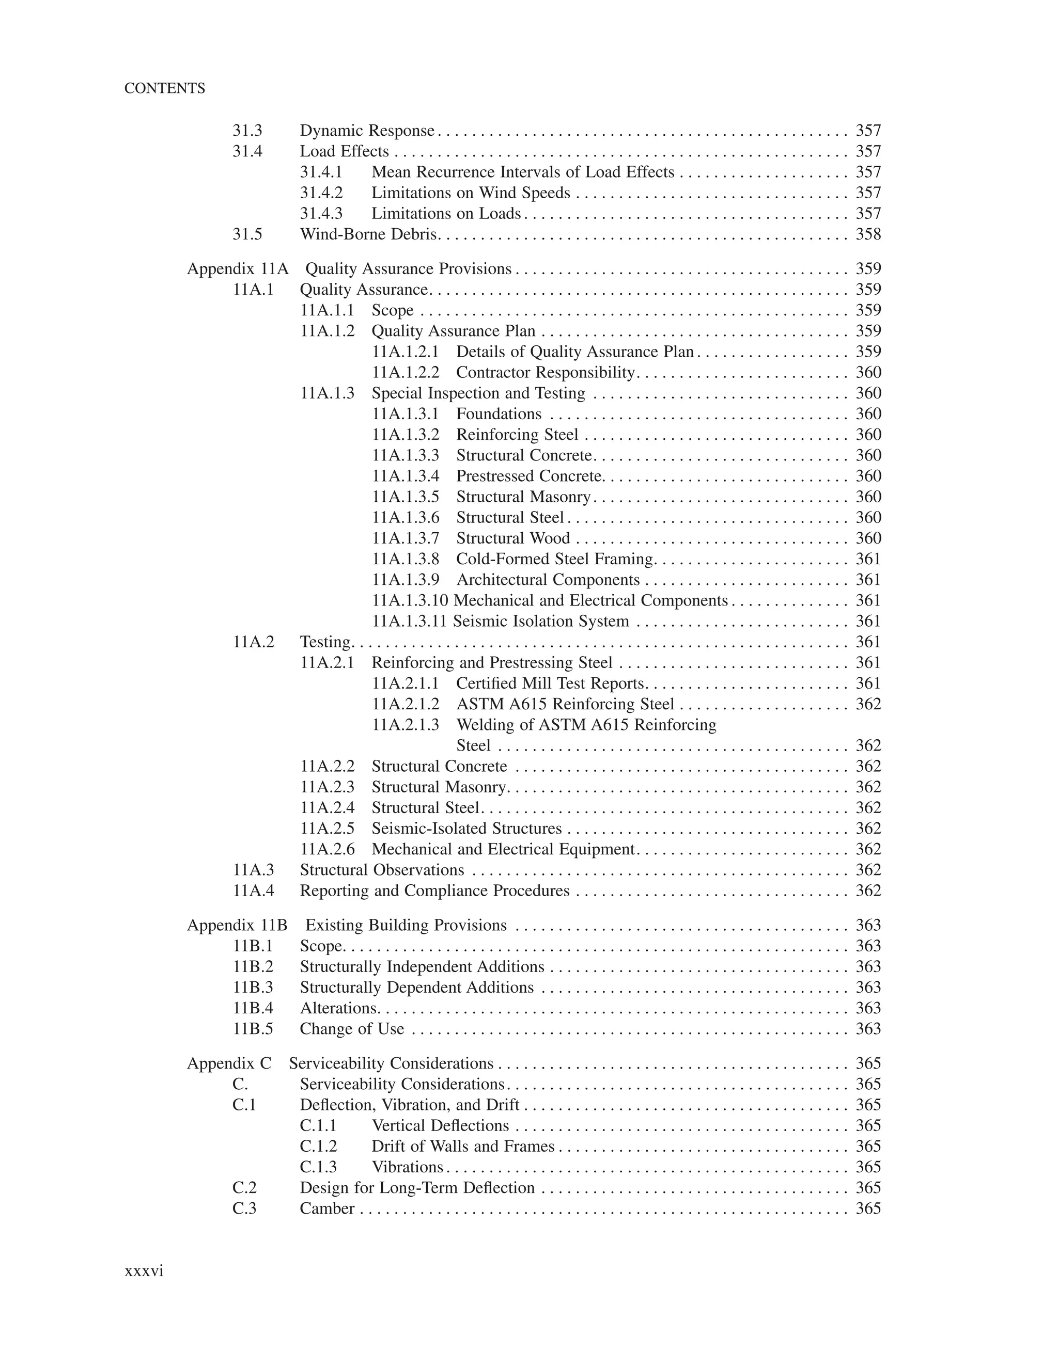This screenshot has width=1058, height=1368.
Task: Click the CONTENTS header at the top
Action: pos(164,88)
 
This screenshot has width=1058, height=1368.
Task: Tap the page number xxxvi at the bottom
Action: pos(144,1271)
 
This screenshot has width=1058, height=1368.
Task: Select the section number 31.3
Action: pos(247,131)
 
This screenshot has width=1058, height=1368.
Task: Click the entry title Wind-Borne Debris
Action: pos(368,234)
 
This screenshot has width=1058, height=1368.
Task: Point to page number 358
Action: pos(868,234)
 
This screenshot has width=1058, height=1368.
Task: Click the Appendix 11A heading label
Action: pos(238,269)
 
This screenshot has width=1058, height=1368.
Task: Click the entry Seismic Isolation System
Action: pos(540,622)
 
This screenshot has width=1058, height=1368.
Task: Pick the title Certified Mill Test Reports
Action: pos(550,683)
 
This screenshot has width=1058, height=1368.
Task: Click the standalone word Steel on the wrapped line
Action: pos(473,746)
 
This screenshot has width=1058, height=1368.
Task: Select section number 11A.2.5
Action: pos(327,829)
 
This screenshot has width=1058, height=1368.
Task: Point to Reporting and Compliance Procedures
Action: pos(434,890)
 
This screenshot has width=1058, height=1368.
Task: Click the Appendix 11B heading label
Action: pos(237,925)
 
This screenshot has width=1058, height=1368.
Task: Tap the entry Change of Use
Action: pos(352,1029)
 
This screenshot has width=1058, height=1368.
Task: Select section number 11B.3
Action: pos(253,988)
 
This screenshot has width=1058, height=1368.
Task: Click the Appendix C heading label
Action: pos(229,1063)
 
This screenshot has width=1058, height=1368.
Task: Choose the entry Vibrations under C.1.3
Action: pos(408,1167)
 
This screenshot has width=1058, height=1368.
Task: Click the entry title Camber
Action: pos(327,1208)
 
